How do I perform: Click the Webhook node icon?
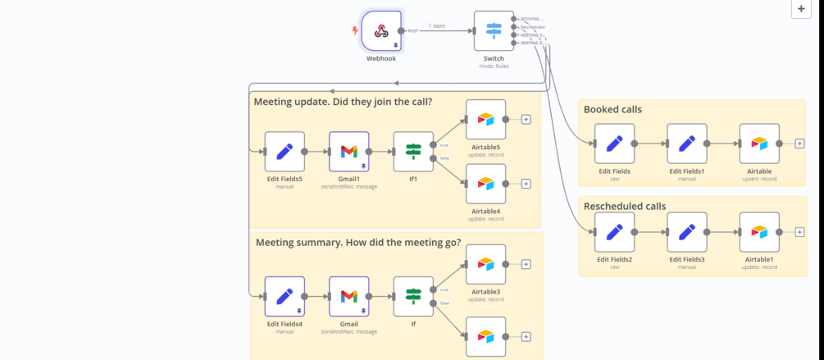coord(381,31)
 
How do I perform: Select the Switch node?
coord(494,31)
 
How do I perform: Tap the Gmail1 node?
coord(349,152)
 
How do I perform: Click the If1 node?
coord(413,152)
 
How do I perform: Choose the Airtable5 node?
coord(485,120)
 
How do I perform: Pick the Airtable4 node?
coord(485,184)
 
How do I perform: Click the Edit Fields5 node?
coord(285,152)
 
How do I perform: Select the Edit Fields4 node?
coord(285,297)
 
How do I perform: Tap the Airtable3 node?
coord(485,264)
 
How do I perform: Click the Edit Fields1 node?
coord(687,144)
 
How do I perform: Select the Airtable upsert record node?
coord(759,144)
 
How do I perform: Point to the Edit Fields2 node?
coord(614,232)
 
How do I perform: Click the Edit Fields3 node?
coord(687,232)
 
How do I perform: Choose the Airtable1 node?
coord(759,232)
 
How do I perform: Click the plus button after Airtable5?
coord(526,120)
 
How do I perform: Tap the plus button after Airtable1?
coord(799,232)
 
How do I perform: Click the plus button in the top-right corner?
coord(801,9)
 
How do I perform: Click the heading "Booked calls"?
coord(612,109)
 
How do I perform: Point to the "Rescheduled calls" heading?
coord(625,206)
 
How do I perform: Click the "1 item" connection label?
coord(437,26)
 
